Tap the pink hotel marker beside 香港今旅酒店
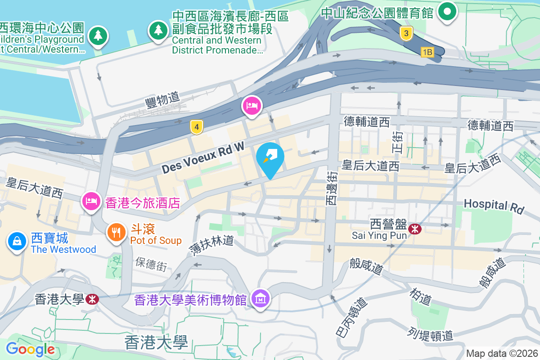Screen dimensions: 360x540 click(91, 201)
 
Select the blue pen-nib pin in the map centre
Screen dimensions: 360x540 click(270, 156)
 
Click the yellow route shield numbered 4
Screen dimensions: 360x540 click(196, 127)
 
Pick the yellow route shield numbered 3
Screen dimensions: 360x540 click(406, 33)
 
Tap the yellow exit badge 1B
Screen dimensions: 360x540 click(427, 53)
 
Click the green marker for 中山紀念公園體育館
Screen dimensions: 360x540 click(447, 11)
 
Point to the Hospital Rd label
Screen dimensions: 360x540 click(494, 205)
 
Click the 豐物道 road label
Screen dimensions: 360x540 click(162, 99)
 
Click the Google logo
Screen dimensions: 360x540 click(30, 349)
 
